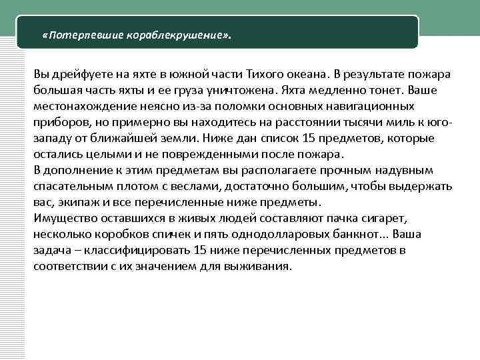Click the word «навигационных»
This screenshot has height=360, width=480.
click(x=371, y=105)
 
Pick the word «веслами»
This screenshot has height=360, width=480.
click(x=187, y=186)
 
